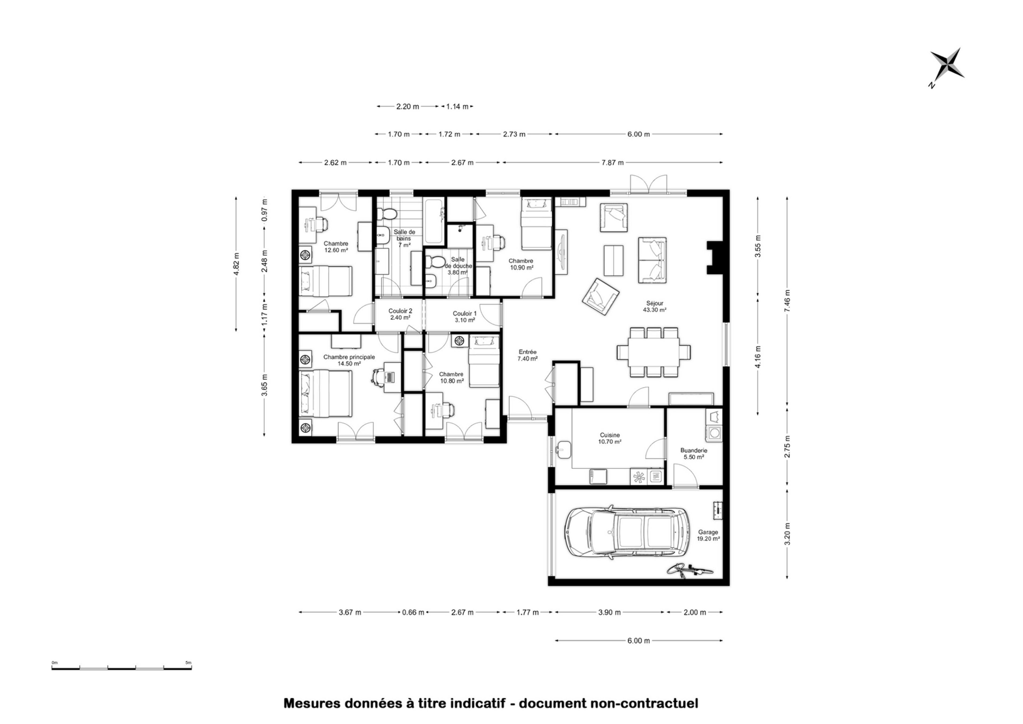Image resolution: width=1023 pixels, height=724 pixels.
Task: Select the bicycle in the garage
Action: (x=690, y=571)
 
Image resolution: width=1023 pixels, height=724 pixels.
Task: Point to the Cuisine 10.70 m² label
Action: (x=610, y=438)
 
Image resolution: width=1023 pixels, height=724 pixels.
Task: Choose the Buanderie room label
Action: (x=694, y=450)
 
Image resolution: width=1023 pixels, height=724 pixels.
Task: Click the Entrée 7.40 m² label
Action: (x=527, y=355)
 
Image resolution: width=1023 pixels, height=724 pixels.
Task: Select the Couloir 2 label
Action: (x=400, y=311)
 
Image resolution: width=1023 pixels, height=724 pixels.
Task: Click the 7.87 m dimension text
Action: (x=612, y=163)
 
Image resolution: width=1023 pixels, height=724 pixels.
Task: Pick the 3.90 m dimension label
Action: (x=609, y=612)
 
